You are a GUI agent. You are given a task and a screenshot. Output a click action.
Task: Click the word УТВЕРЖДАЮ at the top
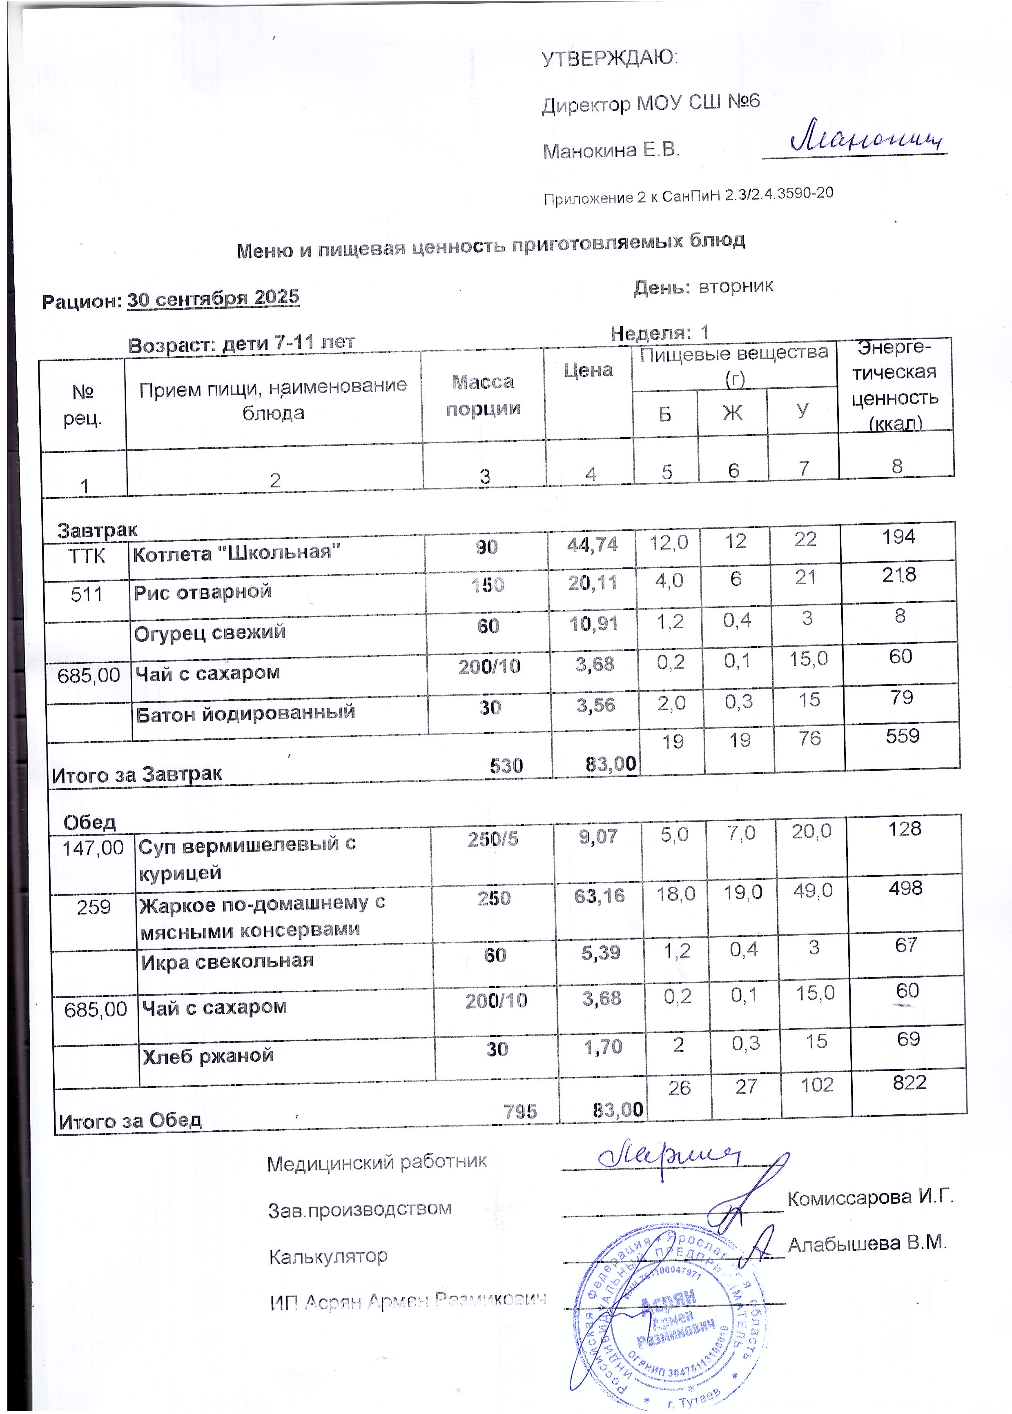[x=609, y=58]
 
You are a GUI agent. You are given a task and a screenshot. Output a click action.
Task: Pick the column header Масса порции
[x=483, y=395]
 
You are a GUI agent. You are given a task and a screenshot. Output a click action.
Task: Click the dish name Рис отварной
[x=203, y=591]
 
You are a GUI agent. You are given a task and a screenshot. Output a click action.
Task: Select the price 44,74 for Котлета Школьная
[x=592, y=545]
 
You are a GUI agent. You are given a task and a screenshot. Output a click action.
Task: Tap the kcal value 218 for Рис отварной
[x=898, y=574]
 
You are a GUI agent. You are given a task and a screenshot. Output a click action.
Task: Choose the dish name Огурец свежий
[x=210, y=632]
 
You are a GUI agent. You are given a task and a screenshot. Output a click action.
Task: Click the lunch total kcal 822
[x=909, y=1083]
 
